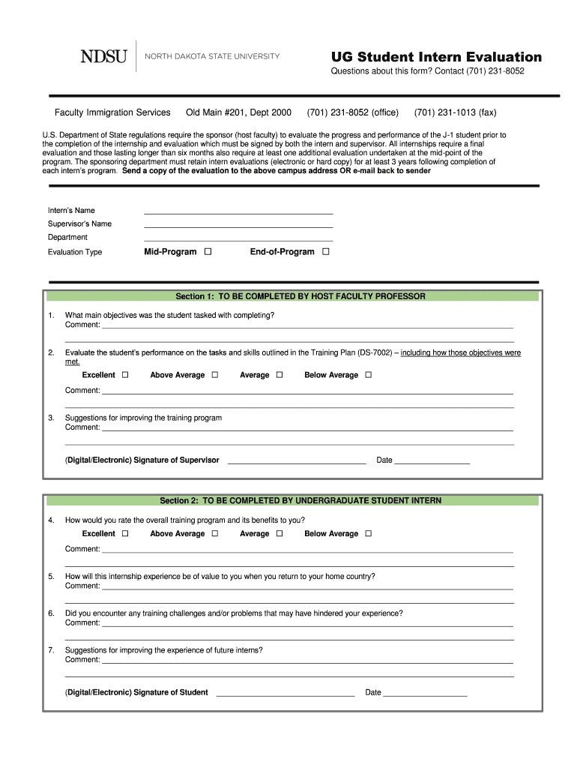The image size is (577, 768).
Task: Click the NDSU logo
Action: (x=103, y=56)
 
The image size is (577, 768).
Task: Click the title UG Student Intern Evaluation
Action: (x=436, y=57)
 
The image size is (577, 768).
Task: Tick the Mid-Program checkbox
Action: (x=208, y=252)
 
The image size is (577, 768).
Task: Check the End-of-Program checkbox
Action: (x=325, y=252)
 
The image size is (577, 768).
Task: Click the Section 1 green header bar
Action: (x=293, y=296)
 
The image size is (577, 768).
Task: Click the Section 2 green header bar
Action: (x=293, y=500)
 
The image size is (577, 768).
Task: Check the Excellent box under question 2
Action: (x=125, y=375)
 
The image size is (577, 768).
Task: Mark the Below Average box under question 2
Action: (x=368, y=375)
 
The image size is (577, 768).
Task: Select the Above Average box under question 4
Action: (x=214, y=534)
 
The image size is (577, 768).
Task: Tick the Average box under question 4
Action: (x=279, y=534)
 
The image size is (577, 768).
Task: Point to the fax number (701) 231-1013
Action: (x=455, y=112)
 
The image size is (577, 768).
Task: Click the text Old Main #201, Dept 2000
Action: (x=238, y=112)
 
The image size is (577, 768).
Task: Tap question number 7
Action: (x=51, y=650)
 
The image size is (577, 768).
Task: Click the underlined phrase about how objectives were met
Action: (x=460, y=352)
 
